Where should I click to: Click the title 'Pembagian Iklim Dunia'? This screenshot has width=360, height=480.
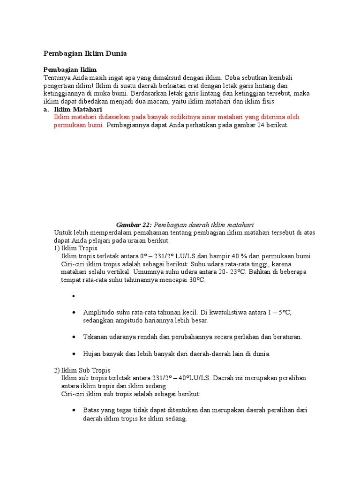[85, 54]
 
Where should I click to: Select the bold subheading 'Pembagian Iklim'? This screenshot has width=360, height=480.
[70, 69]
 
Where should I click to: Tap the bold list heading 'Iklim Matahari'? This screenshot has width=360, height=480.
[78, 109]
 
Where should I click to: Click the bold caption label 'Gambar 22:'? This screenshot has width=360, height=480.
[134, 225]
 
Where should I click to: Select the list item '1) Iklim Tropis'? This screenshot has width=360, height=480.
[75, 248]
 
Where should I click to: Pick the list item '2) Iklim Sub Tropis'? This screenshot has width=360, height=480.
[82, 370]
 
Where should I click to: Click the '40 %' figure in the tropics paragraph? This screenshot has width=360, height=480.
[247, 256]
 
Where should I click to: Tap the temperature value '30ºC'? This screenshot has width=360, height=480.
[196, 280]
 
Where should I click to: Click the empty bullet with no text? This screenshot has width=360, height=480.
[74, 296]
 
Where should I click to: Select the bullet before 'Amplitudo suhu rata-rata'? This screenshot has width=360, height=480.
[74, 313]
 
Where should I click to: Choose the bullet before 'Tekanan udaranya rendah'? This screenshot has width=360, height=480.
[74, 337]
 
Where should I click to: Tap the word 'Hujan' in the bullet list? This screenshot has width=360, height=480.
[92, 353]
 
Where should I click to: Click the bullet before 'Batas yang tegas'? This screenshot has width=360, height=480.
[74, 410]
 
